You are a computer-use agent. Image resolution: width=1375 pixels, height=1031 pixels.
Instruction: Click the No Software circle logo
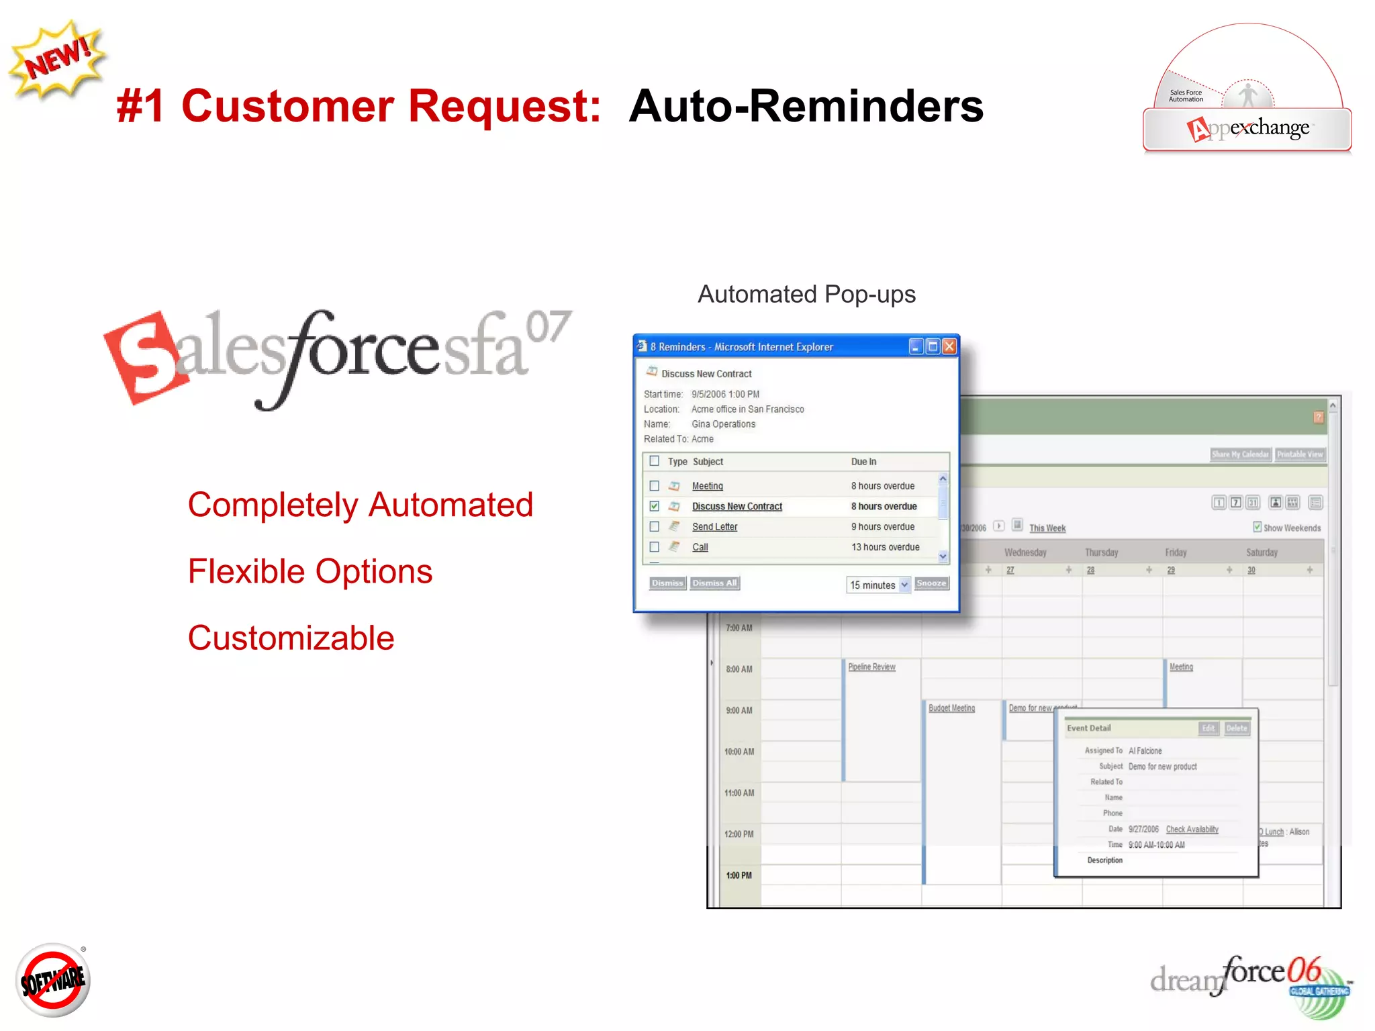tap(53, 980)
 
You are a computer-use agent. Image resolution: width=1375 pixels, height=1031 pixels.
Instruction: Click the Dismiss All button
tap(714, 583)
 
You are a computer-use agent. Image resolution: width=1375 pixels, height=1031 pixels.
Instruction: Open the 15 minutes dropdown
tap(878, 585)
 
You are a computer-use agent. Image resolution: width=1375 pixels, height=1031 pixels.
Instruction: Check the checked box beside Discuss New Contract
tap(655, 506)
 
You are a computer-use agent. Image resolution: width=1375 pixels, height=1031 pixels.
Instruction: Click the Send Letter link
tap(714, 527)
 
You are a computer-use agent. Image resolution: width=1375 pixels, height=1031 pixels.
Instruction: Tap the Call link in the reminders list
tap(700, 547)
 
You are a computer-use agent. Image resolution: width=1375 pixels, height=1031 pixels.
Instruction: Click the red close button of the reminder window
tap(949, 346)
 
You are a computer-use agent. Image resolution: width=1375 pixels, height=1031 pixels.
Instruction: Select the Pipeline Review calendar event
tap(871, 667)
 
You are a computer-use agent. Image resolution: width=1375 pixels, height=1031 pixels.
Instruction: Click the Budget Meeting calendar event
tap(951, 708)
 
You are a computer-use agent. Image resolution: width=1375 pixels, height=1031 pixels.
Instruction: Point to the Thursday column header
tap(1101, 552)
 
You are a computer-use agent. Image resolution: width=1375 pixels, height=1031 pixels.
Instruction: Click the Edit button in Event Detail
tap(1208, 728)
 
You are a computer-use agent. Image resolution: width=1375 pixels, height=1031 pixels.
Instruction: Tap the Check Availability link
tap(1192, 829)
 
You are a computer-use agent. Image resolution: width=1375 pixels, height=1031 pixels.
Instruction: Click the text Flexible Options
tap(310, 572)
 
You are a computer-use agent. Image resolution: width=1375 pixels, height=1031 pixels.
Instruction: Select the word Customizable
tap(291, 638)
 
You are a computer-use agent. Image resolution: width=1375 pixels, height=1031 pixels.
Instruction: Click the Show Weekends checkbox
tap(1257, 527)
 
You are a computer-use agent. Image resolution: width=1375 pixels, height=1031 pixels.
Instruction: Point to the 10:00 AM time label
tap(739, 752)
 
